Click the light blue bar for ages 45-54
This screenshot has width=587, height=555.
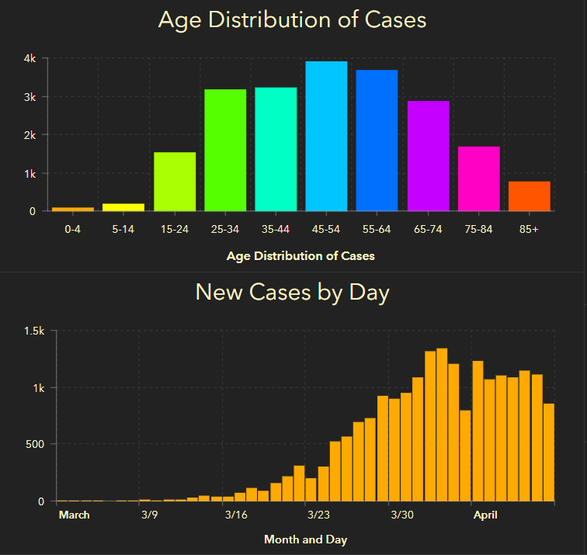click(326, 136)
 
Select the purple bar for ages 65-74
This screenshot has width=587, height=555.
click(428, 155)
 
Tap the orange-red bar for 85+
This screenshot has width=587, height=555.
click(530, 196)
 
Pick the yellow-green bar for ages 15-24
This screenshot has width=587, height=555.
click(175, 182)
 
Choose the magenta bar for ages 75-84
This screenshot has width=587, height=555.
click(478, 179)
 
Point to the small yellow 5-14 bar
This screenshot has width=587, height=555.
click(123, 206)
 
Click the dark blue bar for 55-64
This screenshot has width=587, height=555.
click(377, 140)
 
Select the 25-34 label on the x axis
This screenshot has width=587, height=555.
click(225, 230)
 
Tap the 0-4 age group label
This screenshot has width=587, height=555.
click(73, 230)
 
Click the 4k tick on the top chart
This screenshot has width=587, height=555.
click(29, 58)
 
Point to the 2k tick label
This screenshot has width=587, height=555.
click(29, 135)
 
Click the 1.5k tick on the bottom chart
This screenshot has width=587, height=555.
click(36, 331)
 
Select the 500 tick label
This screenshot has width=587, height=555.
click(36, 445)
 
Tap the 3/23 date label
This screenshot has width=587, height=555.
click(318, 515)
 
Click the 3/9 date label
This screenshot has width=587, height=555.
click(149, 515)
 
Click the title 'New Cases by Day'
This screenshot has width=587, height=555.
click(293, 293)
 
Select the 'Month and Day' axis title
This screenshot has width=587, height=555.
click(306, 539)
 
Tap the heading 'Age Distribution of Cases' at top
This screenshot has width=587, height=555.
click(293, 19)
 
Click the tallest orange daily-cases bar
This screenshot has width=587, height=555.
click(442, 425)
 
